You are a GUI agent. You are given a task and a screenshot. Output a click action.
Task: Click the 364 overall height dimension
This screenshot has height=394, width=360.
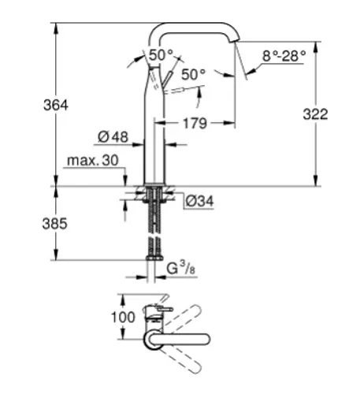(x=56, y=106)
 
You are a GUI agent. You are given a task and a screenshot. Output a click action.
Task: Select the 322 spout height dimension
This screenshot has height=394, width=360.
(x=315, y=114)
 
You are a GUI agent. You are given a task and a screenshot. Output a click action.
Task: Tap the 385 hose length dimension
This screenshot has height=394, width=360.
(x=55, y=224)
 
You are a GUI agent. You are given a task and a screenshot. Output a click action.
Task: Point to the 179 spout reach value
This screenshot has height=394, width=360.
(x=195, y=124)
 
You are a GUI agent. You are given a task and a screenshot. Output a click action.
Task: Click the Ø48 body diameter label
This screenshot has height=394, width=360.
(x=113, y=137)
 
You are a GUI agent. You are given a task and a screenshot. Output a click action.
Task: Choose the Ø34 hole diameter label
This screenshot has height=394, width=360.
(x=199, y=201)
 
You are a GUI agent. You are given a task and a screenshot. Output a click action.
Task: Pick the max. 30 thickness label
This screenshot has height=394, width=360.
(x=93, y=160)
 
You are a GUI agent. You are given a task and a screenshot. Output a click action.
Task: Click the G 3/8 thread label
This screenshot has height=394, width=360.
(x=181, y=268)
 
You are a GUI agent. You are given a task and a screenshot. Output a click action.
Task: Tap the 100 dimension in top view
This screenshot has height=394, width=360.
(x=123, y=317)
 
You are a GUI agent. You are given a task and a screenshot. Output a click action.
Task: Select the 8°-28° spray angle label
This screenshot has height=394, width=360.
(x=284, y=56)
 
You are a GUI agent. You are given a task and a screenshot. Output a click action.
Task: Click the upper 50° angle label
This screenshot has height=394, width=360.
(x=161, y=55)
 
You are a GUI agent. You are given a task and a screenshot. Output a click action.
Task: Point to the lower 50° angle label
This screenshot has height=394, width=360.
(x=194, y=74)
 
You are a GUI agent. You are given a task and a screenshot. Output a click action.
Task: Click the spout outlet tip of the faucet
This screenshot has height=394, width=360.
(x=234, y=40)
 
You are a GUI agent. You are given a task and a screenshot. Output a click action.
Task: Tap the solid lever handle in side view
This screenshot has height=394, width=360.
(x=167, y=78)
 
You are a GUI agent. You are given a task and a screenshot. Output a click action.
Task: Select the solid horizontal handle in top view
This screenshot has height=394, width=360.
(x=179, y=339)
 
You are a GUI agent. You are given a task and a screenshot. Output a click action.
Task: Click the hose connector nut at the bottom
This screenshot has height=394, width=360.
(x=154, y=258)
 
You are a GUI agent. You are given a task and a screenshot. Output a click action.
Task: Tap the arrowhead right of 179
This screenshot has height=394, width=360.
(x=229, y=123)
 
